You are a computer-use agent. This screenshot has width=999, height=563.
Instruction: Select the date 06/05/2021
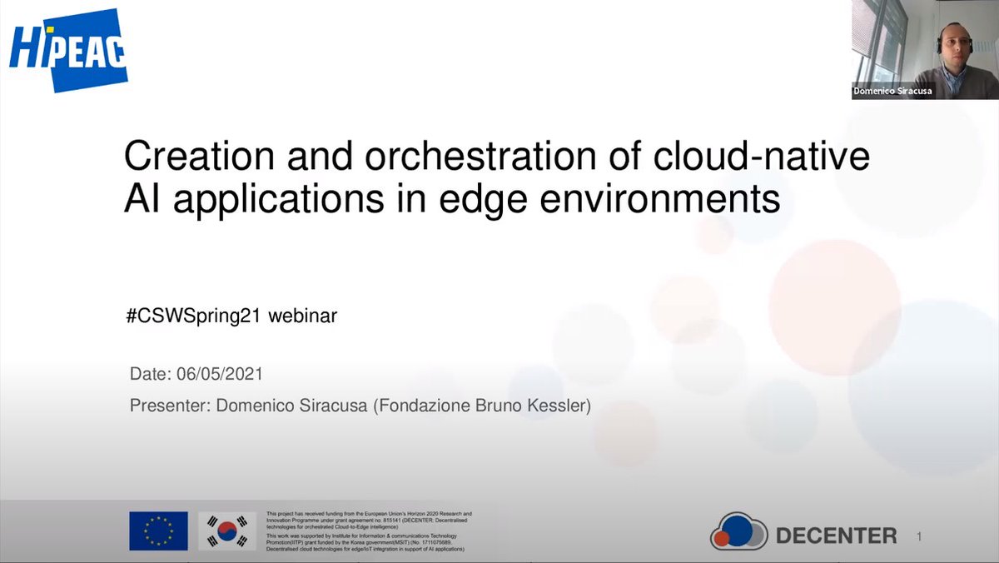(x=220, y=374)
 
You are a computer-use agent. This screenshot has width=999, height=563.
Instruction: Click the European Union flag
(x=158, y=531)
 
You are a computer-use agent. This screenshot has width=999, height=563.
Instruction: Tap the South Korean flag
(x=227, y=531)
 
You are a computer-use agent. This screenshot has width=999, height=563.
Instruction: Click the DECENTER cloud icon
(x=738, y=531)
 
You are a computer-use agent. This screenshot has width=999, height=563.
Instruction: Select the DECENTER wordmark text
(x=836, y=536)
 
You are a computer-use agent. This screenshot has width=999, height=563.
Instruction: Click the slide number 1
(x=919, y=537)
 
